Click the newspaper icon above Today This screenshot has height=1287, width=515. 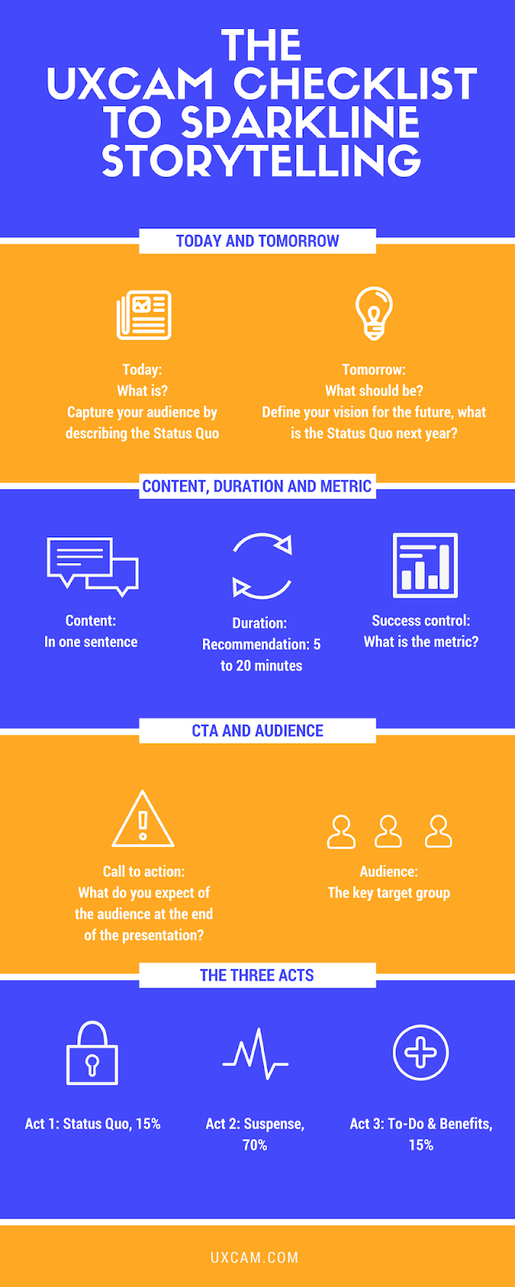pyautogui.click(x=144, y=315)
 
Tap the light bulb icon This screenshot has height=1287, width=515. pyautogui.click(x=373, y=313)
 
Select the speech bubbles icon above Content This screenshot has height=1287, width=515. pyautogui.click(x=93, y=567)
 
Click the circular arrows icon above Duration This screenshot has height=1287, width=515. pyautogui.click(x=262, y=566)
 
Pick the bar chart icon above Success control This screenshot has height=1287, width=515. pyautogui.click(x=425, y=565)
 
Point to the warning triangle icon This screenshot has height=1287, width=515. pyautogui.click(x=143, y=819)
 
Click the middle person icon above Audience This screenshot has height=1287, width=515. pyautogui.click(x=389, y=832)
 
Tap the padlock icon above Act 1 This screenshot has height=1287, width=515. pyautogui.click(x=92, y=1053)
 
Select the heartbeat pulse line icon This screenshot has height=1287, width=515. pyautogui.click(x=255, y=1054)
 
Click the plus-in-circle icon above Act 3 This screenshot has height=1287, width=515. pyautogui.click(x=421, y=1052)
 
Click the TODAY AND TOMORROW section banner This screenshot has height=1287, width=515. pyautogui.click(x=257, y=241)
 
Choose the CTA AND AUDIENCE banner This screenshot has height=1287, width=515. pyautogui.click(x=257, y=730)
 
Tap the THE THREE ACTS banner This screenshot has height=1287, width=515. pyautogui.click(x=257, y=975)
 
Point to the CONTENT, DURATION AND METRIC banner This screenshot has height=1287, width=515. pyautogui.click(x=257, y=486)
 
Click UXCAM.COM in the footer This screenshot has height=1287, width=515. pyautogui.click(x=254, y=1257)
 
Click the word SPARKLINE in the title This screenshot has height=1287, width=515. pyautogui.click(x=300, y=121)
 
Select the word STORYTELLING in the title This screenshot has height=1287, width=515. pyautogui.click(x=262, y=160)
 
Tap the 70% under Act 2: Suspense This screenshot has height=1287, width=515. pyautogui.click(x=254, y=1145)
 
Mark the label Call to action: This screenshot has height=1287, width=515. pyautogui.click(x=144, y=871)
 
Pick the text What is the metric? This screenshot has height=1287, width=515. pyautogui.click(x=421, y=642)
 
